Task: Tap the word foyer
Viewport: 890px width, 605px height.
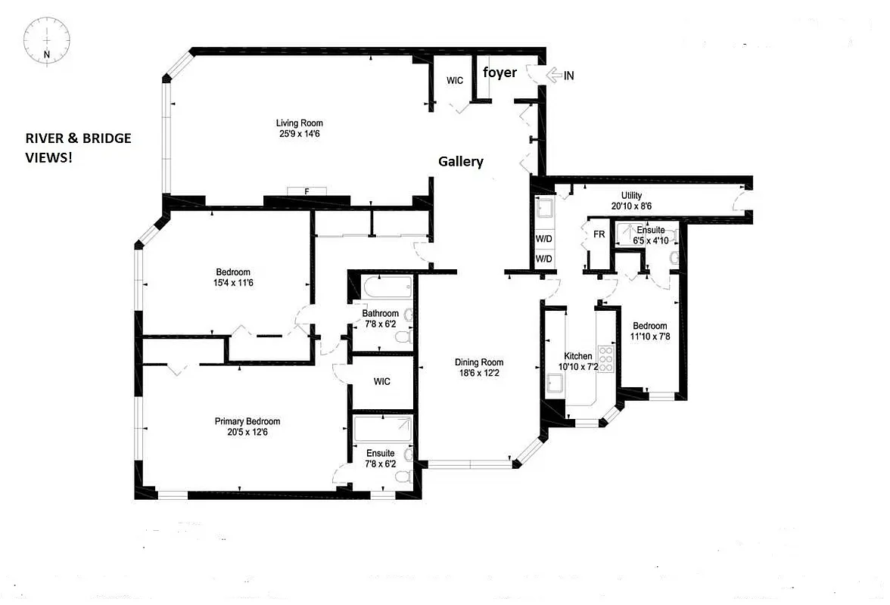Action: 499,73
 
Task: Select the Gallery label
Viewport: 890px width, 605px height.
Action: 460,162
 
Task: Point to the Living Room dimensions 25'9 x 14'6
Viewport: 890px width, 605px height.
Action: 300,135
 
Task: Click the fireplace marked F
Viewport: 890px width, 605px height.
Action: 307,191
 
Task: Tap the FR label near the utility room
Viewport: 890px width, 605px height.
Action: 599,234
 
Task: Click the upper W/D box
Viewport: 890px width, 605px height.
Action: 543,237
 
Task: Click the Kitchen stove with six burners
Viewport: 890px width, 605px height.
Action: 607,357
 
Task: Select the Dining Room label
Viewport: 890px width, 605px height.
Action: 479,362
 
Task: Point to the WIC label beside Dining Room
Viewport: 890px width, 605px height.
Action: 382,382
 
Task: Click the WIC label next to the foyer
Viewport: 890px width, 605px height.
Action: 455,80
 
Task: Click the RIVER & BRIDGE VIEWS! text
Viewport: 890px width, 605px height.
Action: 78,147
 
